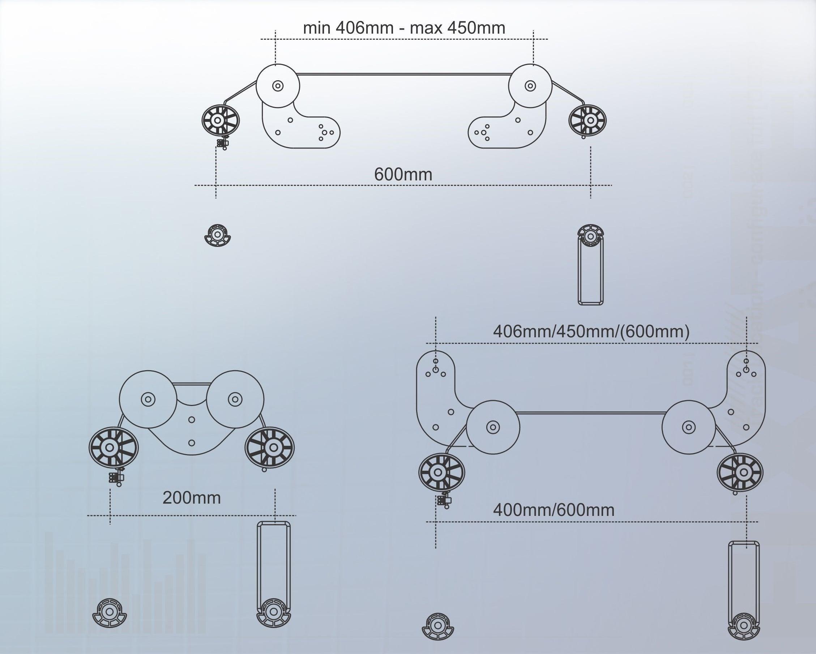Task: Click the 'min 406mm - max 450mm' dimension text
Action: point(404,28)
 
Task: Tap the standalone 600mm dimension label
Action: point(403,175)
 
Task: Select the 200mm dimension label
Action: point(192,498)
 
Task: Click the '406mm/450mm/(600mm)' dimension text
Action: point(591,332)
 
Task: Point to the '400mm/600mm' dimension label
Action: point(553,510)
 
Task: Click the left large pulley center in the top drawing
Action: point(278,86)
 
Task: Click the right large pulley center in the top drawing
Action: point(530,86)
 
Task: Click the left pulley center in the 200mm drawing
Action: point(148,399)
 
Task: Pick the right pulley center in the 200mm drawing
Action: point(235,399)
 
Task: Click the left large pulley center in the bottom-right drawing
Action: point(493,427)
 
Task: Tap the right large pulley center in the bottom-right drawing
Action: point(688,427)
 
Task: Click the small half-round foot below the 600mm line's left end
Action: point(217,235)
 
